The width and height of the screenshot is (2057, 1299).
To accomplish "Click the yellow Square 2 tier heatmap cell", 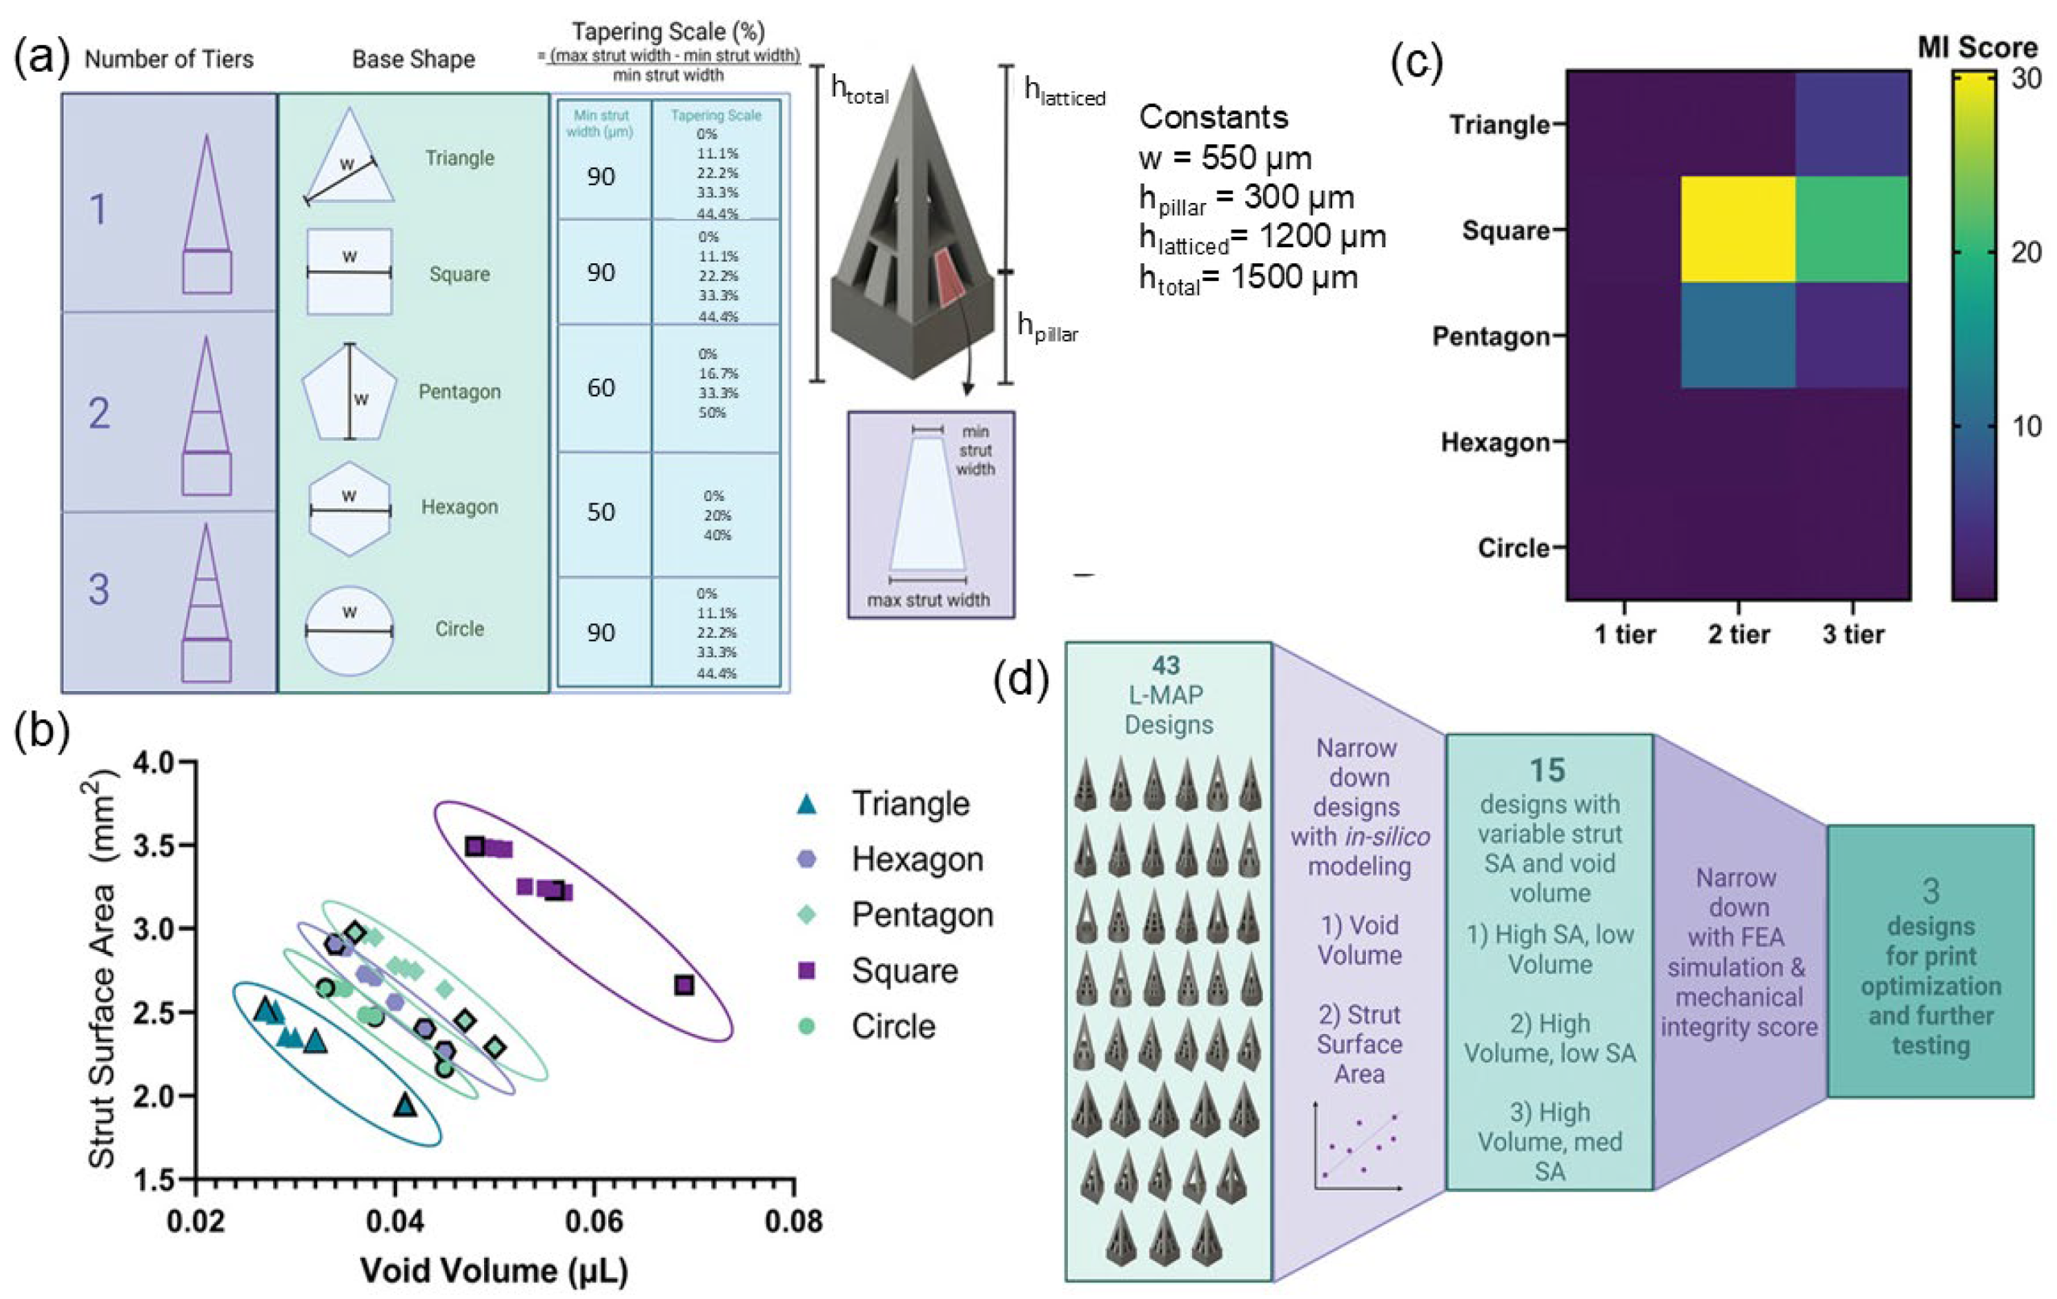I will (1737, 229).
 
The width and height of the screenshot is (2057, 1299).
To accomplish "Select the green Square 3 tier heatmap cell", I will (1852, 229).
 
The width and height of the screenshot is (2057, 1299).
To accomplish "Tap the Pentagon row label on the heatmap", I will (1491, 337).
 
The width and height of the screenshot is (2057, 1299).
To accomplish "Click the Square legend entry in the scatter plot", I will (904, 971).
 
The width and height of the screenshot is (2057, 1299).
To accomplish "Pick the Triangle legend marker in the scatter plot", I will (805, 804).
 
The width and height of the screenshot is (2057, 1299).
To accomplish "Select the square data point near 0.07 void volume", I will (684, 986).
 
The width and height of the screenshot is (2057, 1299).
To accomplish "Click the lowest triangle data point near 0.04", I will (406, 1106).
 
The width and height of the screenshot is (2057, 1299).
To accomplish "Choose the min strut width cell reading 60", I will (602, 387).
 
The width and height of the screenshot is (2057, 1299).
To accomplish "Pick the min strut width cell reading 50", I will (602, 511).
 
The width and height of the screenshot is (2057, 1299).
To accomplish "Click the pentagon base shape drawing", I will (349, 391).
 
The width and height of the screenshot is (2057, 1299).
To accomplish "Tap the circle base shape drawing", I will (350, 631).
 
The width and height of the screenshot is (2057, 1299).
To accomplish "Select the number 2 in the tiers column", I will (99, 413).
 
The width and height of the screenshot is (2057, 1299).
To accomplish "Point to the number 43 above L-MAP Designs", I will (1166, 665).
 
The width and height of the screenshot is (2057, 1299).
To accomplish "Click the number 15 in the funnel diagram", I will (1548, 771).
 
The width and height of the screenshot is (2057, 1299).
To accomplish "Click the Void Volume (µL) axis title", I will (495, 1271).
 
